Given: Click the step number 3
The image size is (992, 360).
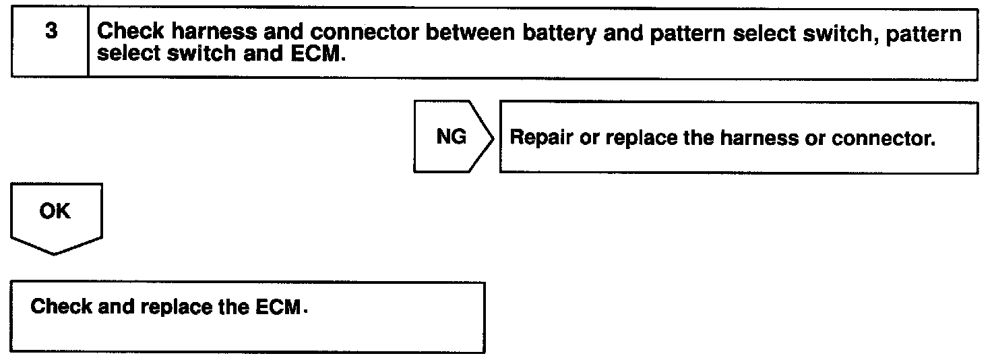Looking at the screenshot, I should [50, 32].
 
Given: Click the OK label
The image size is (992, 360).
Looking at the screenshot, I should [55, 211].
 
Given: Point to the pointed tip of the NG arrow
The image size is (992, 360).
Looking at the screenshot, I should [495, 137].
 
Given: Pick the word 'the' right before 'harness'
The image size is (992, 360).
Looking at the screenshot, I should [699, 138].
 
